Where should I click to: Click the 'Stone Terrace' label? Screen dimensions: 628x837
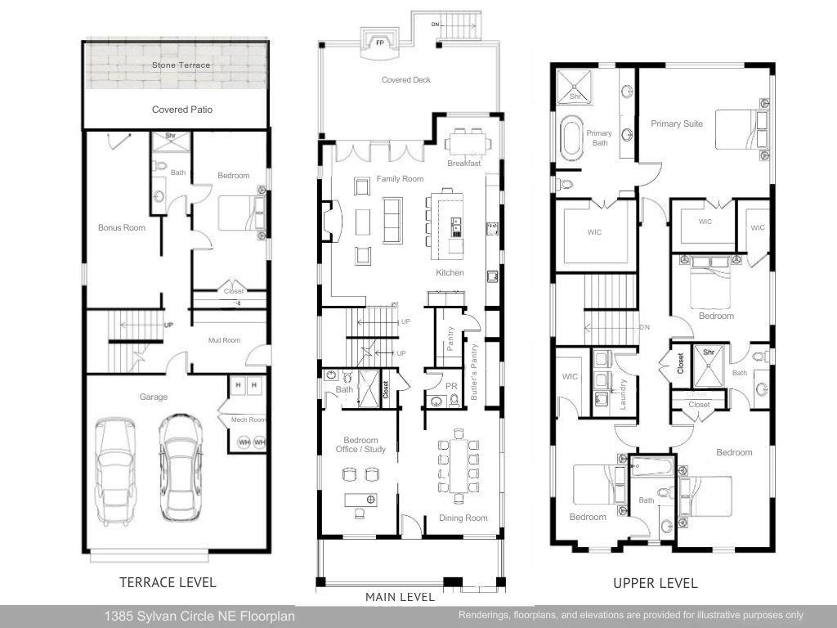click(x=181, y=65)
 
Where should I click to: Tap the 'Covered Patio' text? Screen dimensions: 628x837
click(x=182, y=110)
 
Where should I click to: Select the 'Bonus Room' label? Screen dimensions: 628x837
click(x=122, y=227)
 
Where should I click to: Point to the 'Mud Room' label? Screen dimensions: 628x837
click(x=223, y=340)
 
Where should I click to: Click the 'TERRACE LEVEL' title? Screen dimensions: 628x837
click(x=168, y=582)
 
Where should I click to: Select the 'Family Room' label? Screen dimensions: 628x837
click(x=400, y=178)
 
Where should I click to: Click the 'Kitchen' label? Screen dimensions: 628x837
click(x=450, y=272)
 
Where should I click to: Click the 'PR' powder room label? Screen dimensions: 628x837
click(x=450, y=386)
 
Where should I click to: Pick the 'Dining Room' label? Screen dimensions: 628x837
click(x=463, y=518)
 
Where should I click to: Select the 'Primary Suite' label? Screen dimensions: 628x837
click(x=677, y=124)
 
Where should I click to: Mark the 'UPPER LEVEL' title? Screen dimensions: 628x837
click(x=656, y=583)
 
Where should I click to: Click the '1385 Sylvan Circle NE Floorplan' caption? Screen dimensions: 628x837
click(x=199, y=616)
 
